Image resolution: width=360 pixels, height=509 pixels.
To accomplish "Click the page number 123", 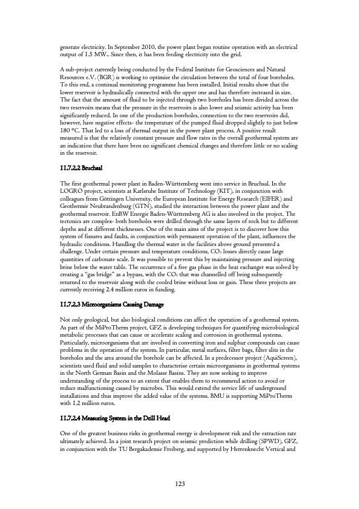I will pos(180,484).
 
